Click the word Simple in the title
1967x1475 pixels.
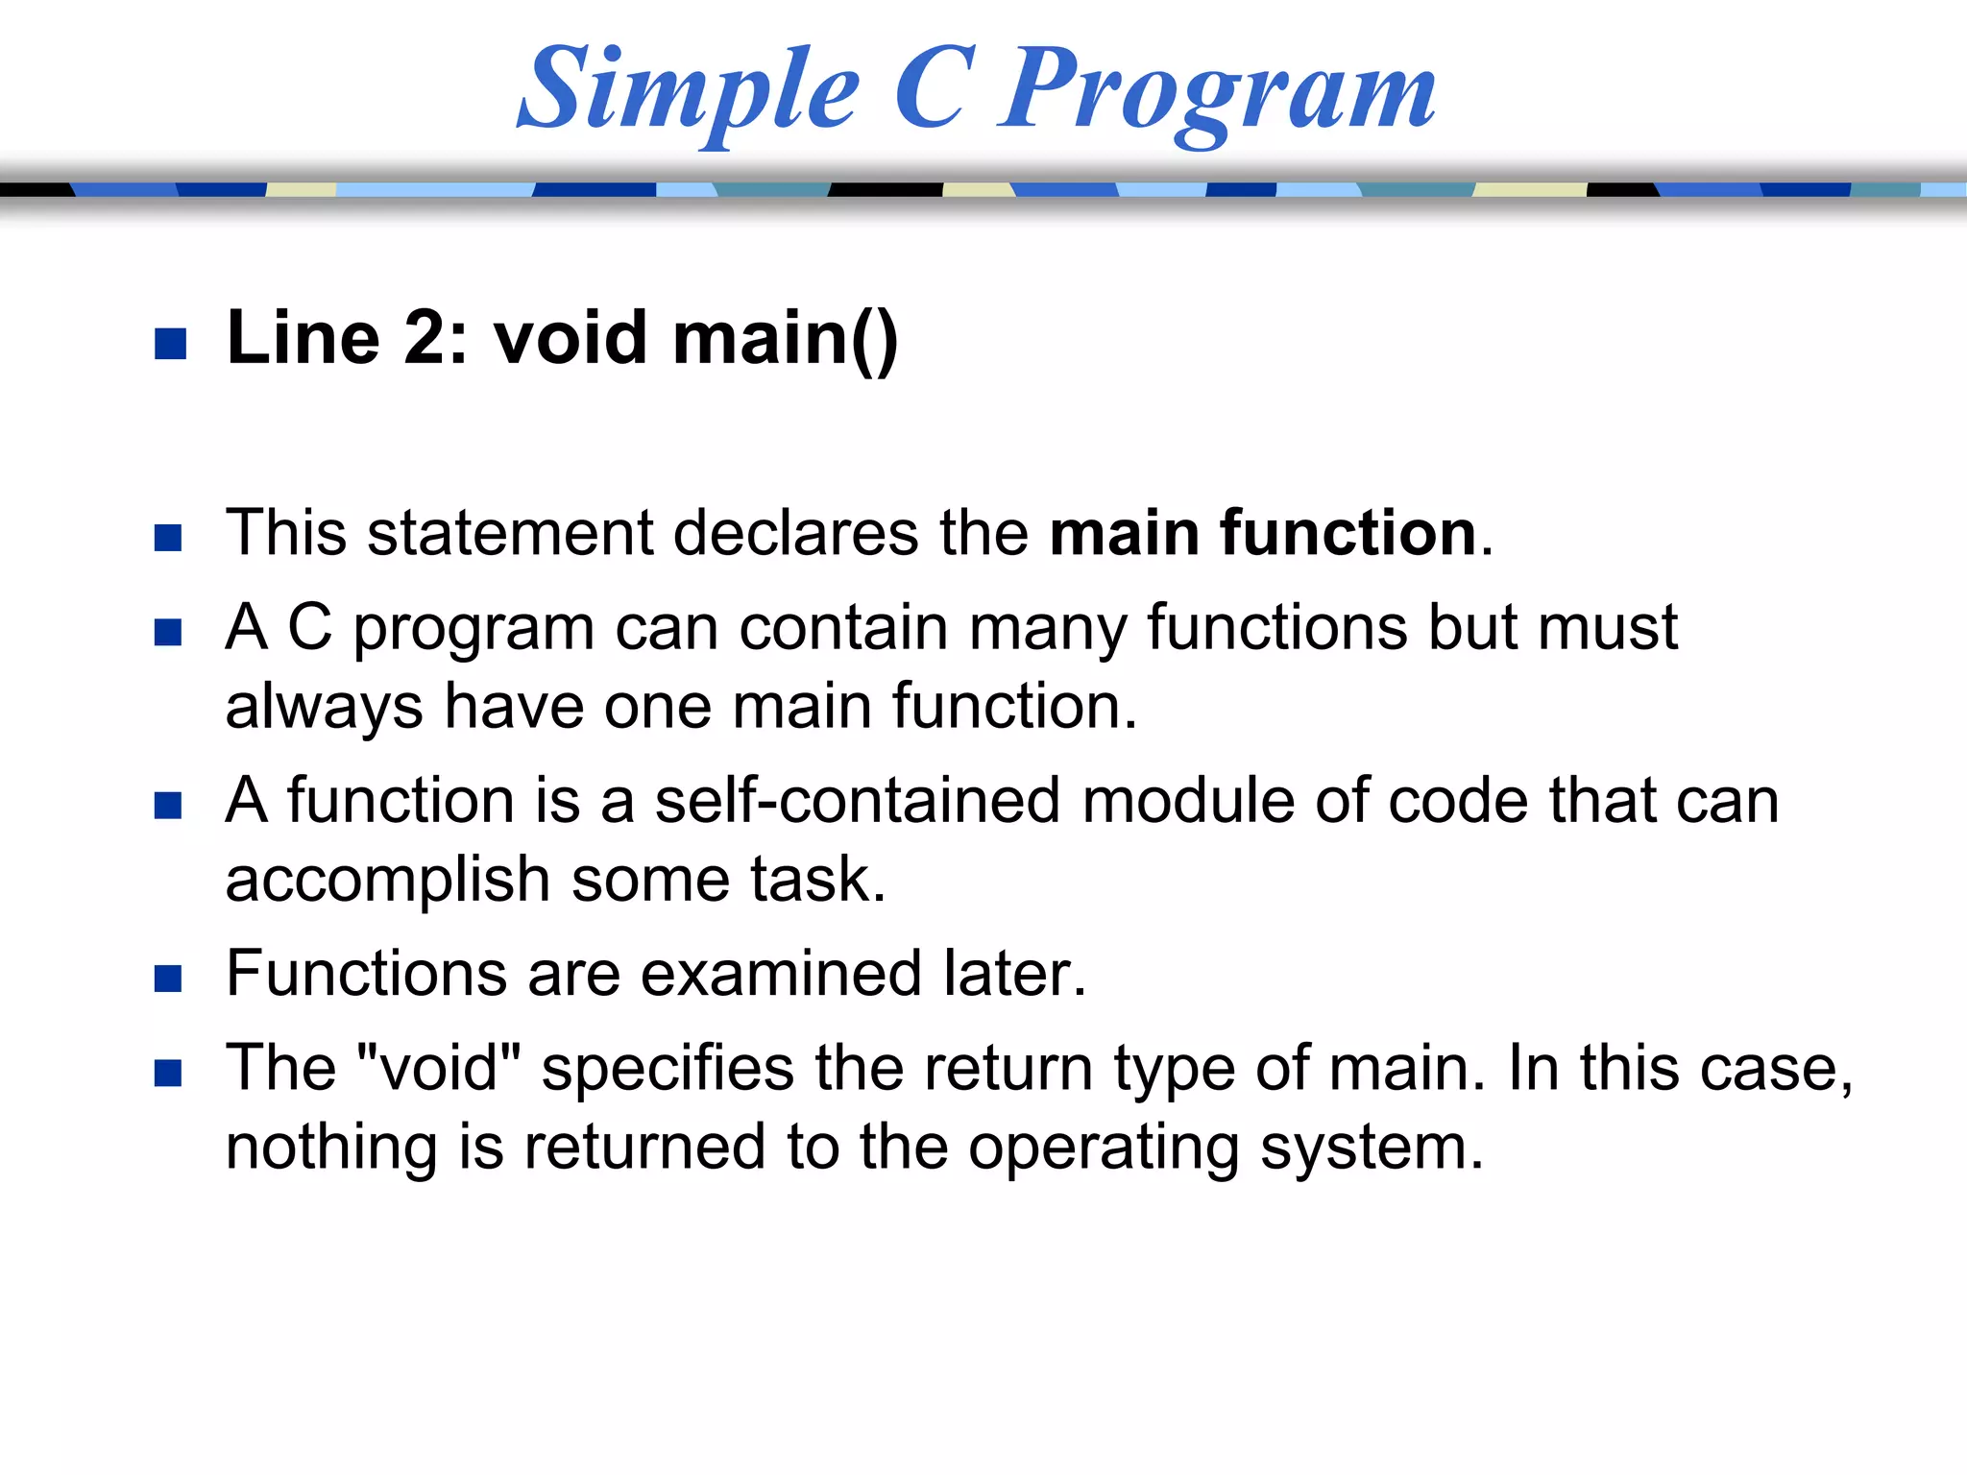tap(687, 91)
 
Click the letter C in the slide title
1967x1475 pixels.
tap(930, 88)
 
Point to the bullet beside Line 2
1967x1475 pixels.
tap(170, 344)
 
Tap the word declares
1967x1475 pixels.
tap(795, 533)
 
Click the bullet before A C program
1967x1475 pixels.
tap(168, 632)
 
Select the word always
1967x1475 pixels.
tap(324, 708)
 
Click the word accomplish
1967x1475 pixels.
tap(386, 880)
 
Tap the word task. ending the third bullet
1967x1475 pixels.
tap(817, 880)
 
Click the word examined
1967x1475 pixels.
tap(780, 974)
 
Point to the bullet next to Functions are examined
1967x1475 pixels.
tap(168, 979)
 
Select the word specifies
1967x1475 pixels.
tap(668, 1068)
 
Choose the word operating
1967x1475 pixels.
tap(1103, 1148)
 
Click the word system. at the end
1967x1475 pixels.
tap(1372, 1148)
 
